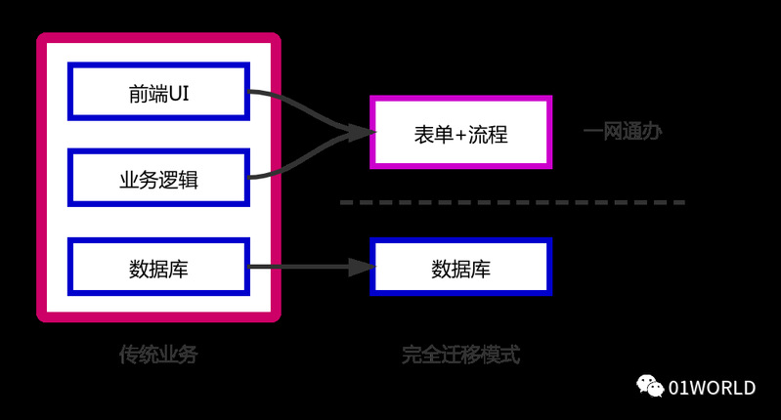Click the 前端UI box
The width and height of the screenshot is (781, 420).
point(158,92)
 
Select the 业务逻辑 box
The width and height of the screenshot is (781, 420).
point(158,178)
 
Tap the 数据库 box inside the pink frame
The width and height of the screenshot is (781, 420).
point(158,267)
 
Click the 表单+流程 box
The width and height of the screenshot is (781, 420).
point(460,132)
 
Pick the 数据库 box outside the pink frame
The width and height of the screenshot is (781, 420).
point(460,267)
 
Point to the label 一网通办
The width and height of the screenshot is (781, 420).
point(622,132)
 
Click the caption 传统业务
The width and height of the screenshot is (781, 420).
point(158,355)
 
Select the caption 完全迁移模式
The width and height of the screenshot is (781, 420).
point(460,355)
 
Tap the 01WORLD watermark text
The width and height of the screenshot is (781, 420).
point(712,388)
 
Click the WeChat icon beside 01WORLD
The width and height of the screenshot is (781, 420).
point(650,387)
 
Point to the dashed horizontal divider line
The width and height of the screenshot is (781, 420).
point(512,202)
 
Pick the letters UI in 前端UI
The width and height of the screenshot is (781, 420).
point(178,93)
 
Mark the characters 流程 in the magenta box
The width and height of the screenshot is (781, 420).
point(488,133)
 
